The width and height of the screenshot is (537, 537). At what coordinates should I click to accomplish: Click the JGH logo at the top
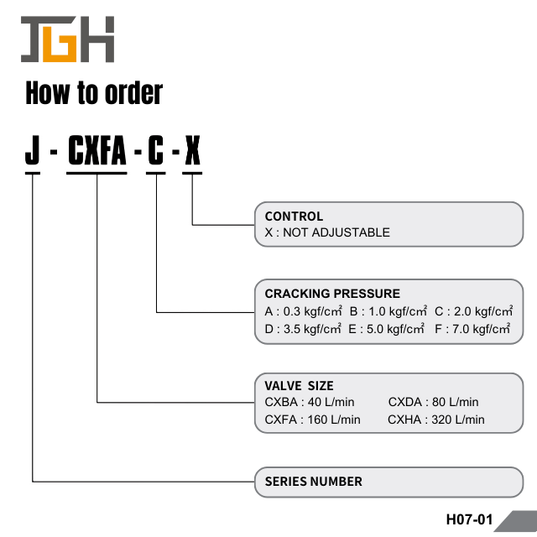coord(67,39)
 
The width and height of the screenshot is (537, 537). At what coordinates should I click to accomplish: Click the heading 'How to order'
coord(94,93)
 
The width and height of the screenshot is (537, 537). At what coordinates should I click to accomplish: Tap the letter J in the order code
coord(33,153)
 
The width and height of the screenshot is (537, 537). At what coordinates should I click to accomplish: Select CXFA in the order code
coord(96,153)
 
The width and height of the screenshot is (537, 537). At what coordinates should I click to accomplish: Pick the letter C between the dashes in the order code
coord(156,153)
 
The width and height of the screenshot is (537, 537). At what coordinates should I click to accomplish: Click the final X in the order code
coord(192,153)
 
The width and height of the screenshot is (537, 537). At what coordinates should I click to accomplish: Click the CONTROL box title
coord(294,216)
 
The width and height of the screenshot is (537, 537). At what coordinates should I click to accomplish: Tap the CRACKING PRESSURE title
coord(332,294)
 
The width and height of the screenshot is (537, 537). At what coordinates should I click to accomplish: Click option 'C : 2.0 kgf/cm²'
coord(473,311)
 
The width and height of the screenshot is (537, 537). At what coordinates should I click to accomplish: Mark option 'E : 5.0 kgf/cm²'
coord(387,329)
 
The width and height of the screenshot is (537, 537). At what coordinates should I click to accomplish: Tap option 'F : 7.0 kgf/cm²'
coord(472,329)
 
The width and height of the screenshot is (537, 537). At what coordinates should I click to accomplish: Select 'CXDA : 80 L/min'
coord(433,403)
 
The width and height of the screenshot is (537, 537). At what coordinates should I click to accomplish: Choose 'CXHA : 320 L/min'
coord(436,420)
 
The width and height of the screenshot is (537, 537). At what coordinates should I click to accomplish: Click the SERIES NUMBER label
coord(314,482)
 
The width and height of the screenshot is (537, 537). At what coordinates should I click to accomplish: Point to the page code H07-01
coord(469,519)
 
